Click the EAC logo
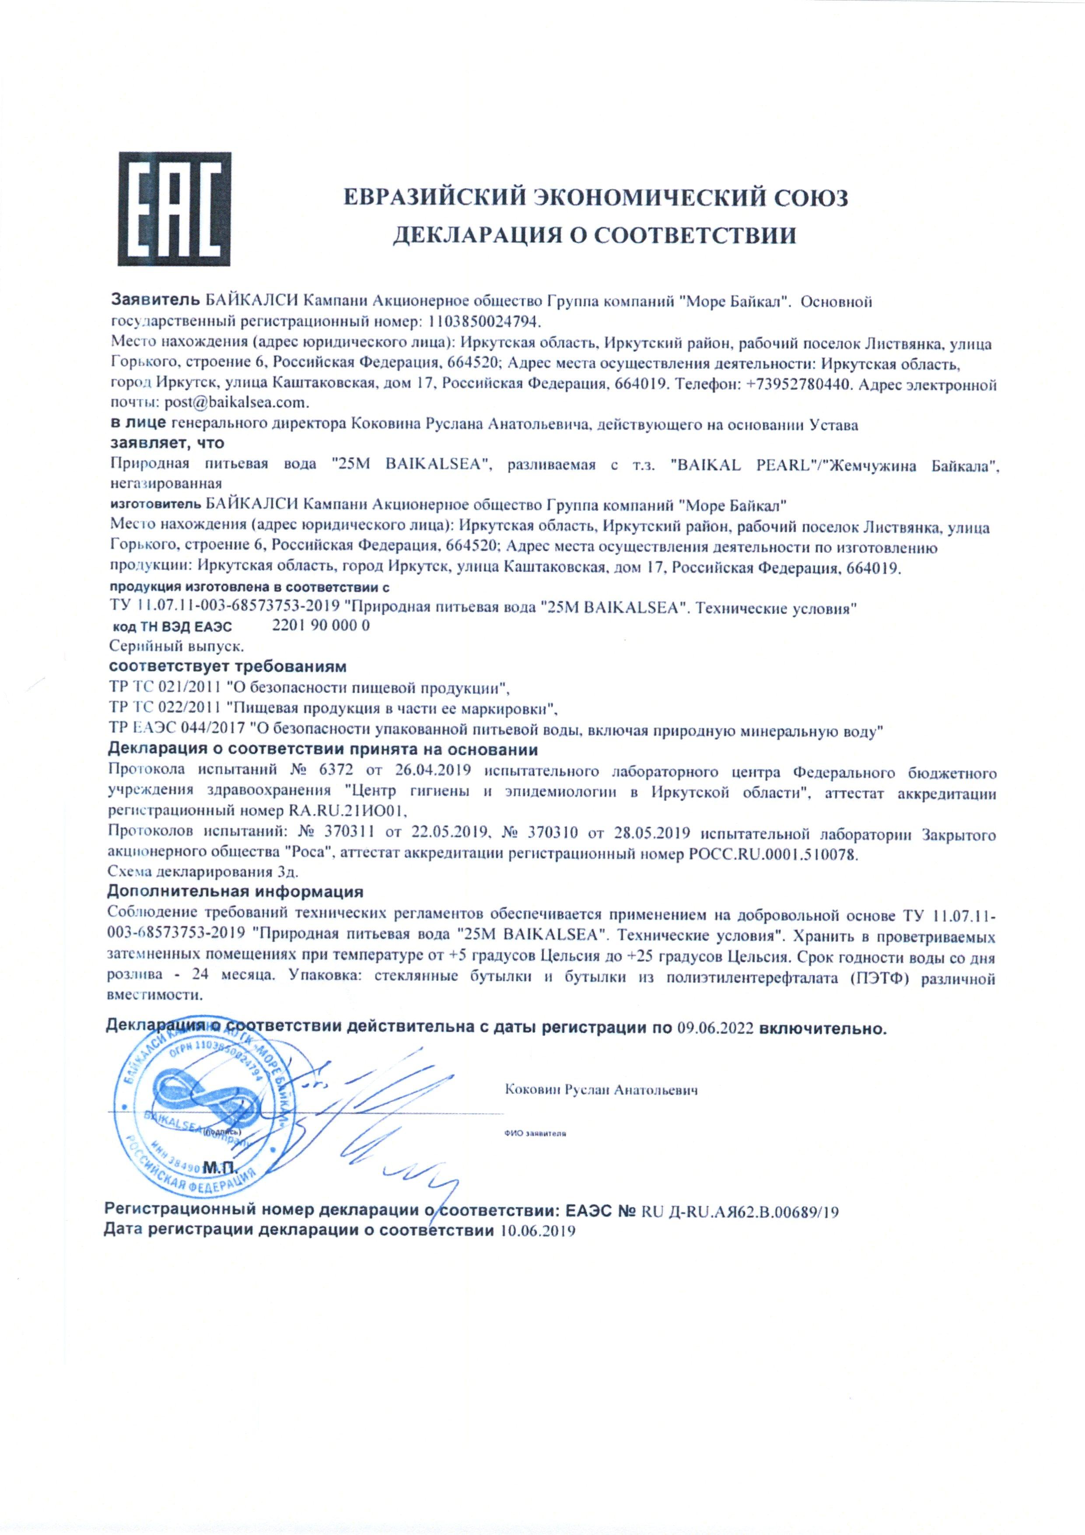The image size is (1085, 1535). (x=175, y=209)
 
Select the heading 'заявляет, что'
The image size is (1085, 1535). (x=166, y=443)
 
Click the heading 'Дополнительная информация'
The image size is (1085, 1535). (x=235, y=891)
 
